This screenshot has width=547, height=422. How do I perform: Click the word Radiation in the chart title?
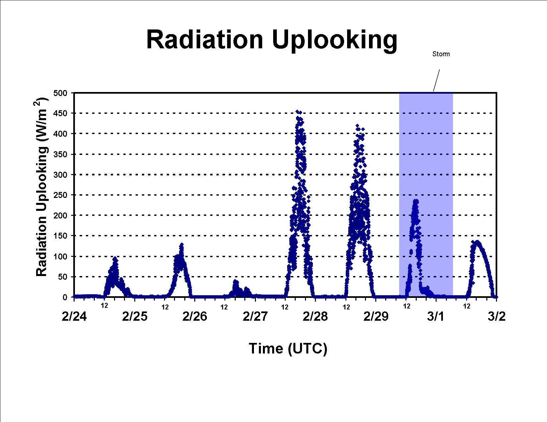205,40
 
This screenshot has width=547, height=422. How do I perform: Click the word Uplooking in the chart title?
334,41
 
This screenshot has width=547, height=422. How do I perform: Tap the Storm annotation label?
441,54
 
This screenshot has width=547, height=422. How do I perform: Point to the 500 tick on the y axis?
60,93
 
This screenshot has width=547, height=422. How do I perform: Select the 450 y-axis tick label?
60,113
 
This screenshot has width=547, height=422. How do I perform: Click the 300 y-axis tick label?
60,175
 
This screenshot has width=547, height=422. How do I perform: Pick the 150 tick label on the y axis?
60,236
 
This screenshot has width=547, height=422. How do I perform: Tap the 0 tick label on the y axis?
65,297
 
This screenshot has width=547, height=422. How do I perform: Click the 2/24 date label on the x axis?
74,316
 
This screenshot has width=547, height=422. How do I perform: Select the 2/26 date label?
195,316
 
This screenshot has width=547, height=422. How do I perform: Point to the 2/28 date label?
315,316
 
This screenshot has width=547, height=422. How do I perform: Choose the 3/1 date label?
436,316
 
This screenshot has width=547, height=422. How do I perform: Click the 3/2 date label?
497,316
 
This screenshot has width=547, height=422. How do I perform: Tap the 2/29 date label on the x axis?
376,316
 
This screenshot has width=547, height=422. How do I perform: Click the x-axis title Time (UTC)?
288,349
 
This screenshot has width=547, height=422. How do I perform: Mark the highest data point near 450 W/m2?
298,112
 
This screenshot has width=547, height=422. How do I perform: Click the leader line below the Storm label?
437,80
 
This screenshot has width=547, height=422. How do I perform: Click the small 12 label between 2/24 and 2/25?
104,305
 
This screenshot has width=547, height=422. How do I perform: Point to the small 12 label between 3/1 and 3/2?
467,306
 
